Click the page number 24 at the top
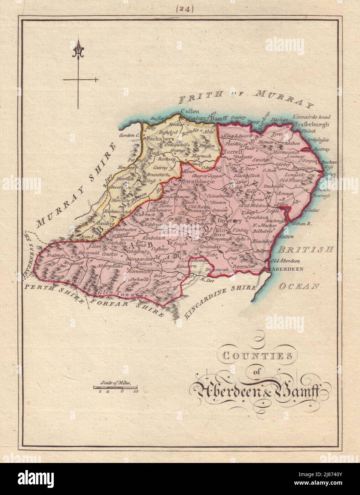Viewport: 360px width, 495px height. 184,10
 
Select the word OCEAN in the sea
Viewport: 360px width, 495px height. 300,285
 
